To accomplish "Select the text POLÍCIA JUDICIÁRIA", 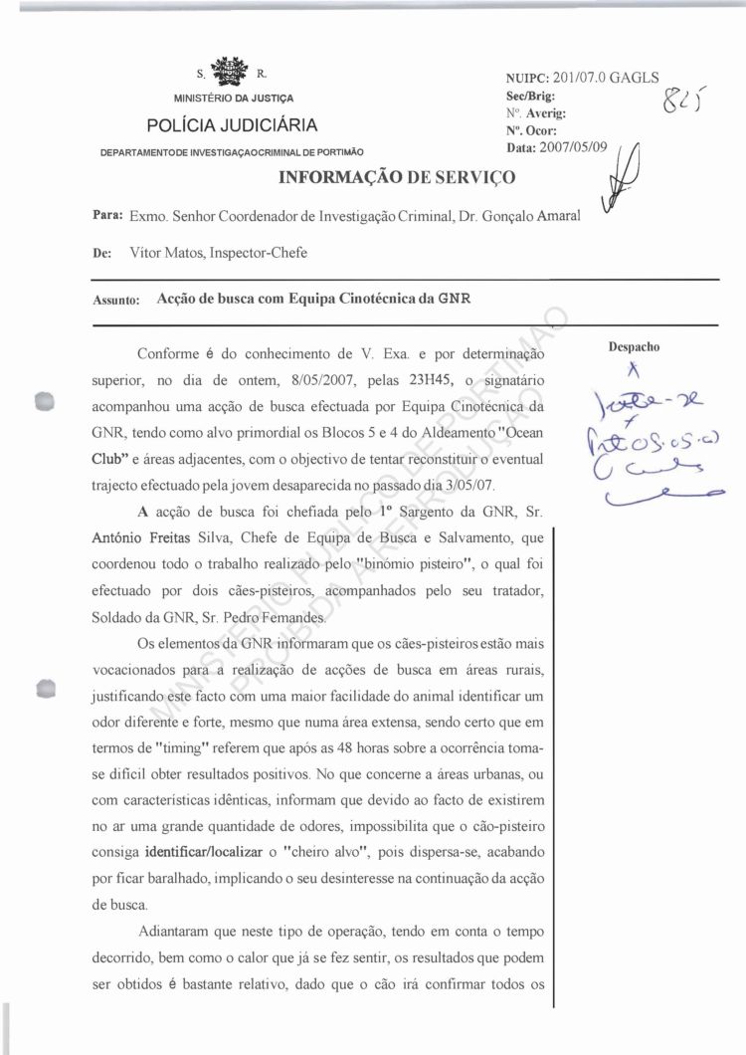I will point(233,125).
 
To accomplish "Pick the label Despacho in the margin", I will point(636,347).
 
